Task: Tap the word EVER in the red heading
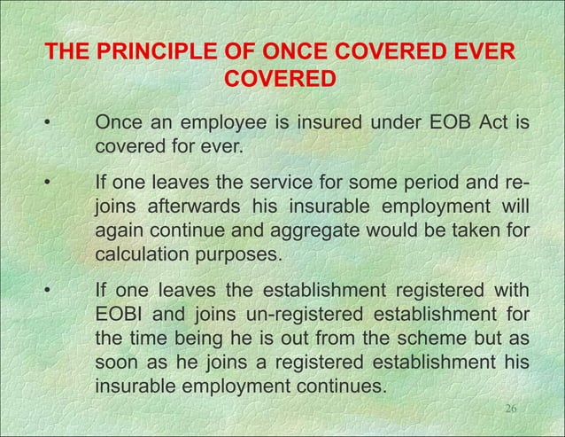coord(477,52)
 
